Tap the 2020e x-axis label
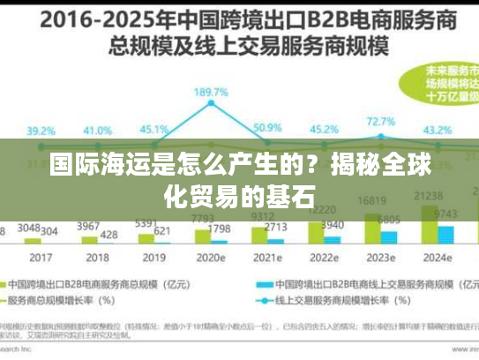(x=210, y=258)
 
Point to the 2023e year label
(x=381, y=258)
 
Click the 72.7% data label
(x=380, y=121)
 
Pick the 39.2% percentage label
(x=40, y=130)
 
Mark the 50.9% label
(x=267, y=127)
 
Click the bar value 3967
(x=88, y=226)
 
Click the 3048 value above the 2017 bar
(x=29, y=228)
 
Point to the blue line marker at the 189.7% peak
(x=211, y=103)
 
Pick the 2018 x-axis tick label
(x=97, y=258)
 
